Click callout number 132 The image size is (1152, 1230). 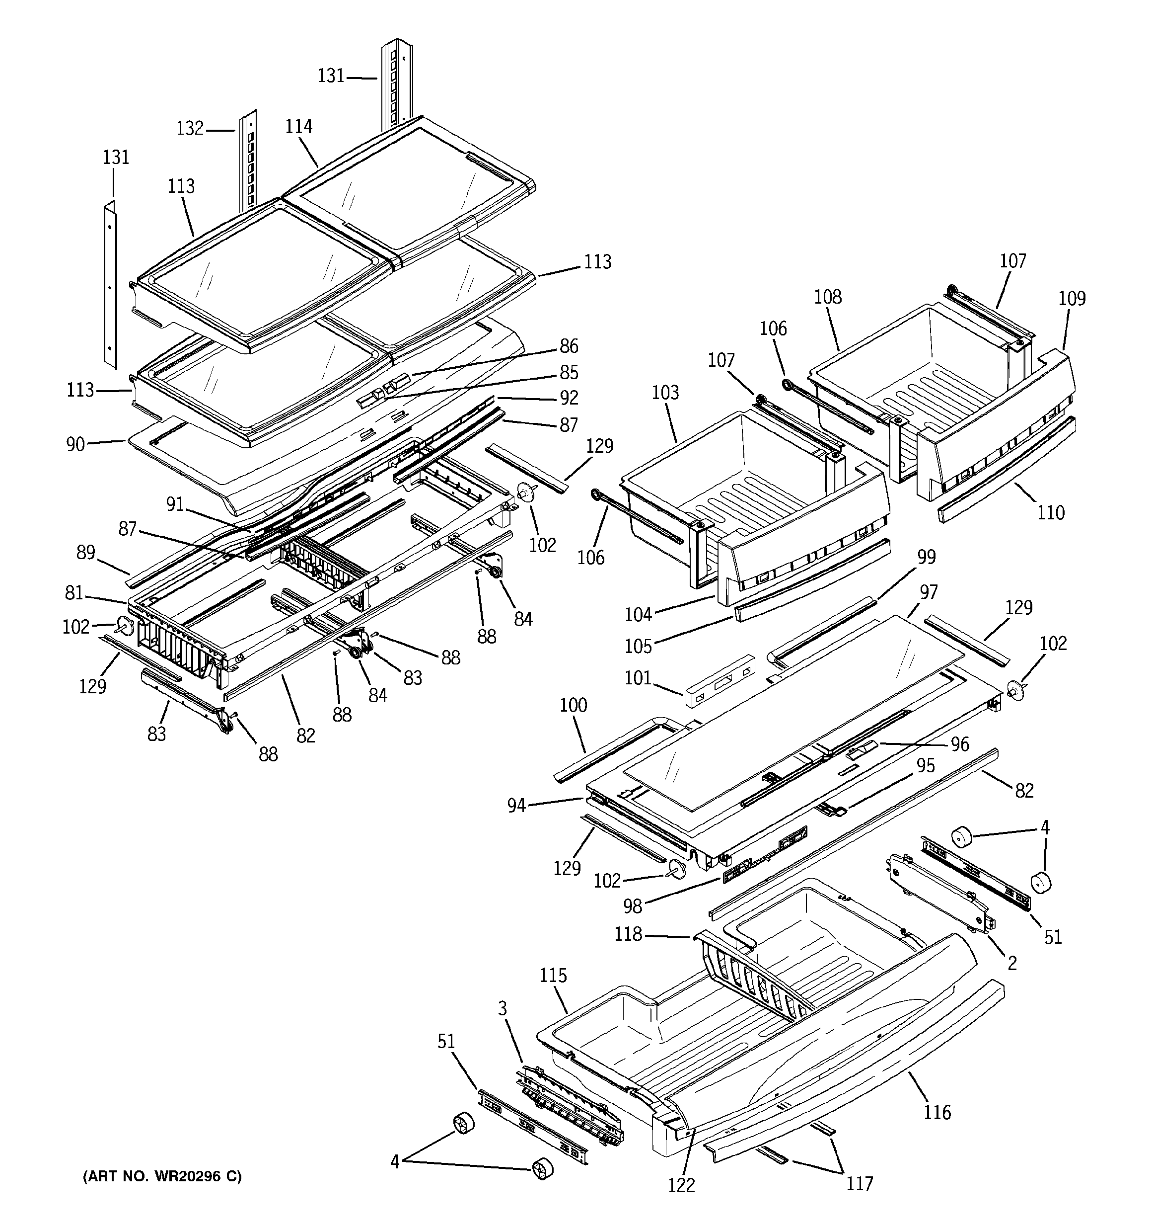pos(190,128)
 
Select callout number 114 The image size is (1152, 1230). pos(298,127)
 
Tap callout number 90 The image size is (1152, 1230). pos(75,444)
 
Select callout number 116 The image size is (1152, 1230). pos(937,1112)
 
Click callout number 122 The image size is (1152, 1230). pos(681,1185)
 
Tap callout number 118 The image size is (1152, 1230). pos(628,934)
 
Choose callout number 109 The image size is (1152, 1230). pos(1072,299)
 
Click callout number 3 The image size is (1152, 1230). pos(502,1009)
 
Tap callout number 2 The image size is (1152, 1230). pos(1011,963)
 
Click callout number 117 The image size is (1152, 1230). pos(860,1184)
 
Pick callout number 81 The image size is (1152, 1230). pos(73,593)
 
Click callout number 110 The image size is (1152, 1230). pos(1051,512)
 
